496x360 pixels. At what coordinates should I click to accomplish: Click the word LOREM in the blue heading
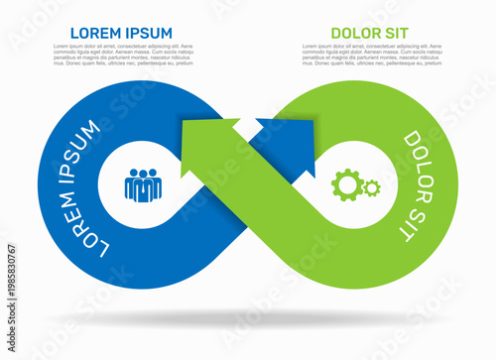pos(95,33)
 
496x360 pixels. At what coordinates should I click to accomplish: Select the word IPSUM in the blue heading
pos(149,33)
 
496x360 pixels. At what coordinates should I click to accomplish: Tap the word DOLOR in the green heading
pos(355,33)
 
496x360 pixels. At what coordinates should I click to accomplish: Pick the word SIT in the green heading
pos(400,33)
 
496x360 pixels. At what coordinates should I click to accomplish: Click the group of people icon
pos(143,184)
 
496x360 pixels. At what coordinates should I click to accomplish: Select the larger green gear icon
pos(346,182)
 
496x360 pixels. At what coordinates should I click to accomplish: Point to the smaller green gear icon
pos(371,186)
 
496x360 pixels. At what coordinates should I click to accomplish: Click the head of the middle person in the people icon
pos(143,174)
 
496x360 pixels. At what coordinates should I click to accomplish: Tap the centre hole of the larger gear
pos(346,182)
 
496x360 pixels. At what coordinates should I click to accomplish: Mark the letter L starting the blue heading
pos(74,33)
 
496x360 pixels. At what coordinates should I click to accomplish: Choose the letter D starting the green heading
pos(335,33)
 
